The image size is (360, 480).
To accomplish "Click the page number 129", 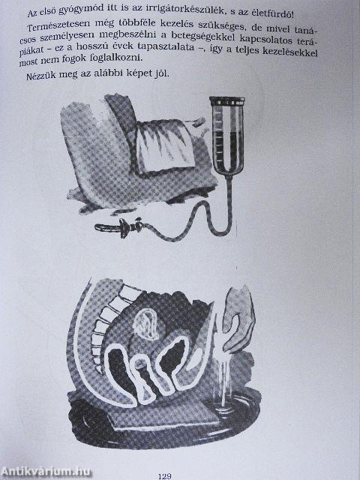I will click(166, 474).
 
